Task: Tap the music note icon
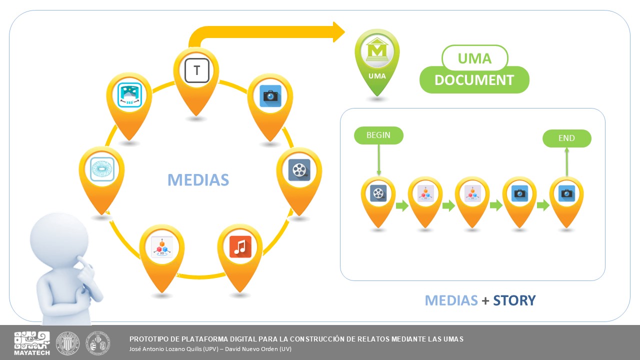(240, 247)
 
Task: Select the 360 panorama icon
(129, 95)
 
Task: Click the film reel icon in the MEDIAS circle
(299, 170)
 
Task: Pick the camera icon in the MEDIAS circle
(270, 96)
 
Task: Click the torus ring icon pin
(102, 169)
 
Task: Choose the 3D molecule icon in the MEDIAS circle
(161, 247)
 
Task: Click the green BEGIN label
(378, 135)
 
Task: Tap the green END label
(566, 138)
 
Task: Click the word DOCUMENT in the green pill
(474, 80)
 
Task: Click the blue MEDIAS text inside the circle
(198, 180)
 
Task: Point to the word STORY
(514, 300)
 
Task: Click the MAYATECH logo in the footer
(31, 343)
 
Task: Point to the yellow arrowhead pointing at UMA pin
(338, 32)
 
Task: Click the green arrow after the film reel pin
(402, 205)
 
